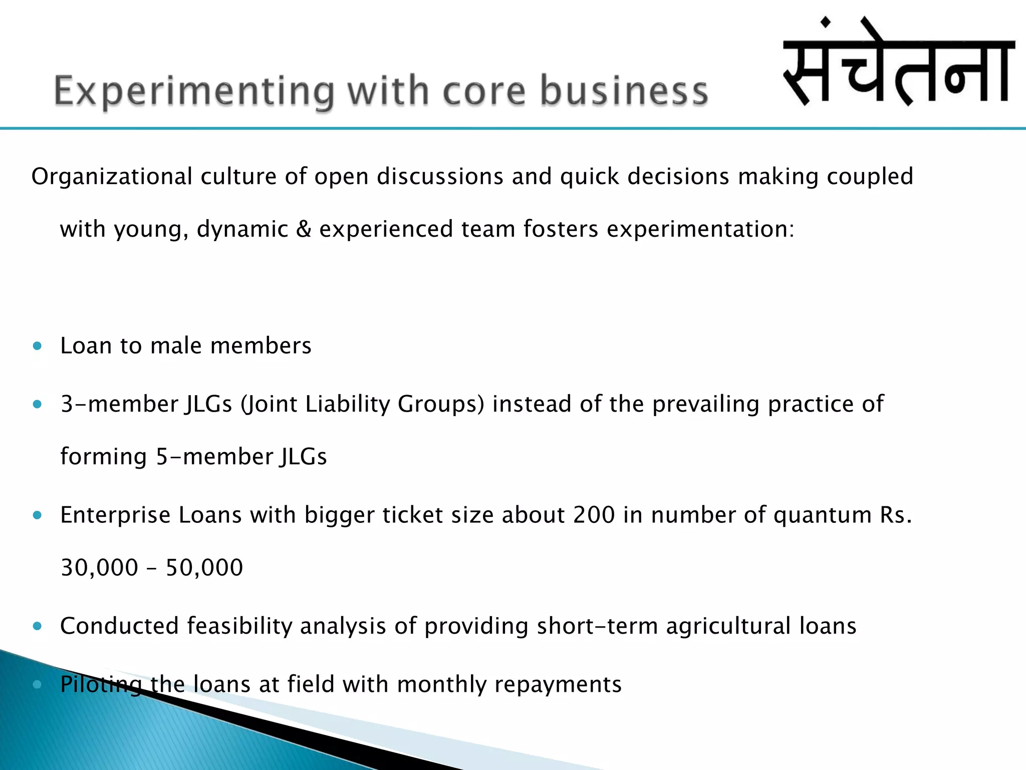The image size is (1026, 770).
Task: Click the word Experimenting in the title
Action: [193, 91]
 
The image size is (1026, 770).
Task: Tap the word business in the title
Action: [624, 91]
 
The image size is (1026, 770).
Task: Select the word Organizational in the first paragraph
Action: [112, 176]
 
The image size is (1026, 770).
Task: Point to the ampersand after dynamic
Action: [304, 229]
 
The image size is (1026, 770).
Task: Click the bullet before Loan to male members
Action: [37, 346]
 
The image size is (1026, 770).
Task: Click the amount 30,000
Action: [99, 568]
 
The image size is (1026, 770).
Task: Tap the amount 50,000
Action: [204, 568]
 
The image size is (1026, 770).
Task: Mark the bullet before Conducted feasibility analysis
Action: [37, 626]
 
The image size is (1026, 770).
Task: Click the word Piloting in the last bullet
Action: [101, 685]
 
